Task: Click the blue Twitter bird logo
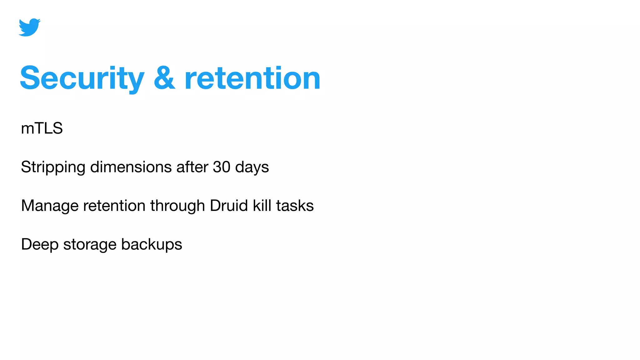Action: [x=29, y=27]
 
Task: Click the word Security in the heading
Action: [x=82, y=78]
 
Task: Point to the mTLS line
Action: [x=42, y=128]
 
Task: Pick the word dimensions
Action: [x=131, y=167]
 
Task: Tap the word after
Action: [x=192, y=167]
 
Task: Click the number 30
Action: [x=222, y=167]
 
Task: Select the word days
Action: [x=252, y=167]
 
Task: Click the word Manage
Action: [x=50, y=206]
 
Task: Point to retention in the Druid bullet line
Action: [x=114, y=206]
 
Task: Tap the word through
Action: [x=177, y=206]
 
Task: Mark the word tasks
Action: [x=295, y=206]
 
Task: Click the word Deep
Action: [x=40, y=245]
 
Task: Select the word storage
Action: [x=90, y=245]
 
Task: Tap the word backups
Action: [x=152, y=245]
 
